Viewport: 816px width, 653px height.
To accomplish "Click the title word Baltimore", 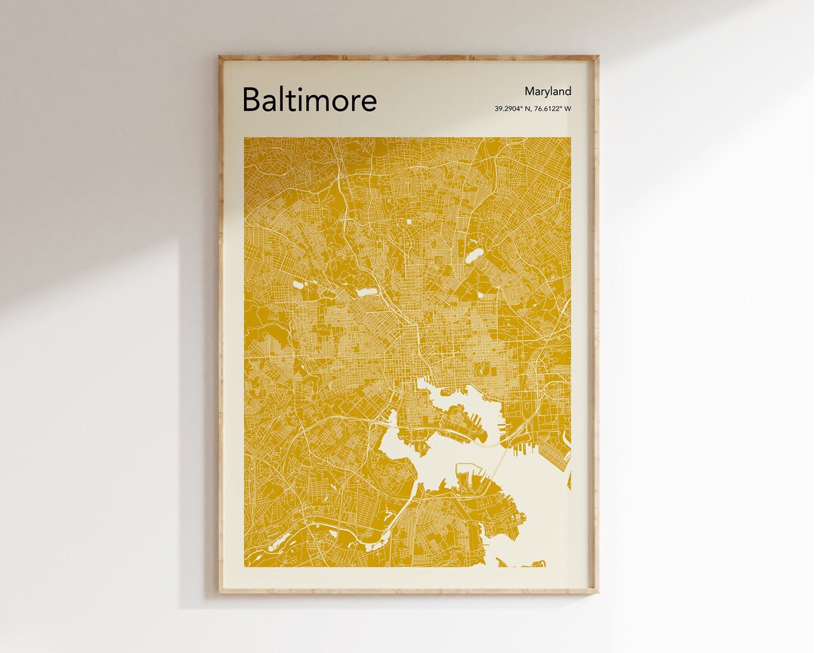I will [x=309, y=100].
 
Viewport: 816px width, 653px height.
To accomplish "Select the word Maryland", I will [x=548, y=91].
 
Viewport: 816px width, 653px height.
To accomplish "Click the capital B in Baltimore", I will [x=252, y=100].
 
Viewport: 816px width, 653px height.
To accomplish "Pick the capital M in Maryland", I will [x=530, y=91].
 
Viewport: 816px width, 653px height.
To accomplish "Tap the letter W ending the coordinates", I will [x=568, y=109].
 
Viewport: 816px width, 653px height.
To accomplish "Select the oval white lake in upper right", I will [x=473, y=256].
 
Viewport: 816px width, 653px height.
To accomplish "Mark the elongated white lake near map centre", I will [x=366, y=291].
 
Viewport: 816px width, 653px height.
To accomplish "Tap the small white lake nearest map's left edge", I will [x=298, y=286].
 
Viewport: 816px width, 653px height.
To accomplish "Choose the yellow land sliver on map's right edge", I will [x=569, y=481].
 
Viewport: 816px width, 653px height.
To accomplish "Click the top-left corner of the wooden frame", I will [x=220, y=57].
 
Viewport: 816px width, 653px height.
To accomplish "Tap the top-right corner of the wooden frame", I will [x=597, y=57].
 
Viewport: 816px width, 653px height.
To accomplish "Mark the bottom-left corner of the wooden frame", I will [x=220, y=592].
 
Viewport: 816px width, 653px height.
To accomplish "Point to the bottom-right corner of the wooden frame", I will [x=597, y=592].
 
